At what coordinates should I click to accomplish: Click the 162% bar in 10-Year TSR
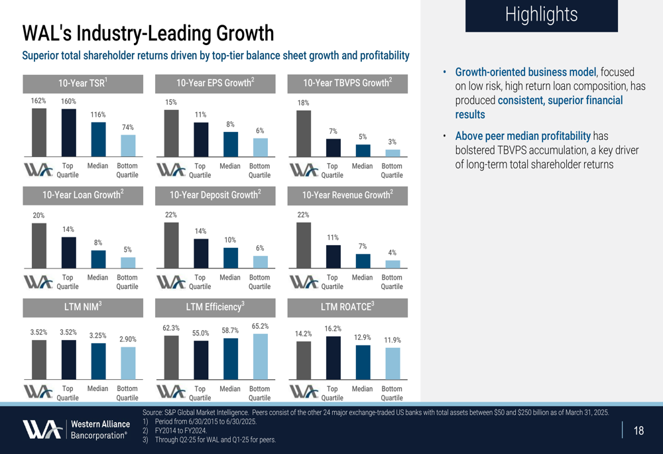tap(39, 133)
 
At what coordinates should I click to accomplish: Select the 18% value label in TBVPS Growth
tap(303, 103)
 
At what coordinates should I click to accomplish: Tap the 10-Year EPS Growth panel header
tap(215, 84)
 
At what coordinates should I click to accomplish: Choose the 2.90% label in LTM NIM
tap(127, 339)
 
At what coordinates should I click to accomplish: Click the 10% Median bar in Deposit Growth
tap(231, 257)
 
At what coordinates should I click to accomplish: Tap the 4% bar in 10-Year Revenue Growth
tap(392, 264)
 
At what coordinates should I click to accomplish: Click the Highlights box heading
tap(541, 15)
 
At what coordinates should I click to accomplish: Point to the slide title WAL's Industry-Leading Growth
tap(148, 32)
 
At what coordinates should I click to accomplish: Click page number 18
tap(638, 431)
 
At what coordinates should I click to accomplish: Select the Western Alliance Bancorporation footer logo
tap(76, 429)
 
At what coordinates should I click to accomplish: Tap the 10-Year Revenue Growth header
tap(348, 195)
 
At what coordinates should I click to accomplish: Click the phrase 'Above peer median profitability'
tap(522, 136)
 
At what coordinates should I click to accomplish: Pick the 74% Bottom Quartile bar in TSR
tap(128, 145)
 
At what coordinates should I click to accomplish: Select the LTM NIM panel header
tap(83, 307)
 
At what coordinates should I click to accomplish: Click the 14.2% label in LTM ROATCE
tap(303, 334)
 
